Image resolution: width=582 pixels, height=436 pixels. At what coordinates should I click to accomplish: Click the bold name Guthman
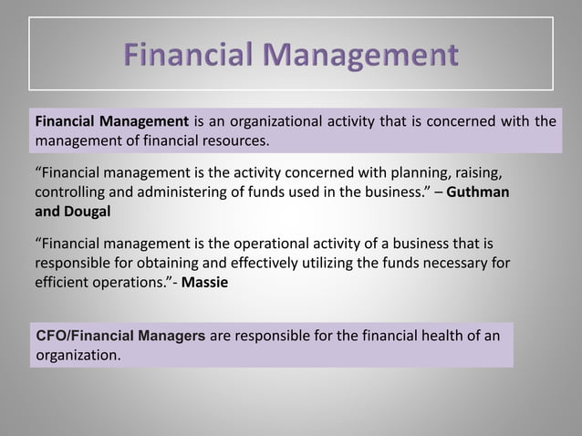(478, 193)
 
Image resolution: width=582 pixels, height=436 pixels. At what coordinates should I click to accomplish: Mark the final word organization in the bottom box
(78, 354)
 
